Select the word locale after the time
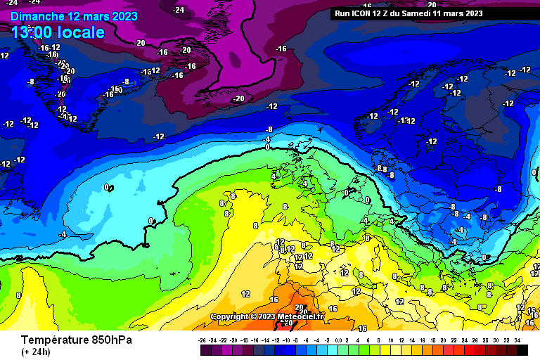click(82, 32)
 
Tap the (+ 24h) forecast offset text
click(35, 352)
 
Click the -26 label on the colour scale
click(202, 340)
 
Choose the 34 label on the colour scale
click(517, 340)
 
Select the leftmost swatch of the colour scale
click(205, 349)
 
